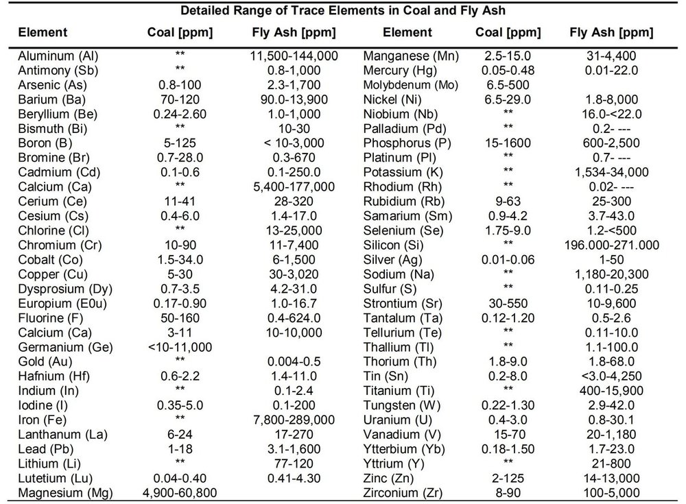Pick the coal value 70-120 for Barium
(181, 98)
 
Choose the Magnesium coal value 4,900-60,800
(181, 492)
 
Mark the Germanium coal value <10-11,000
(180, 346)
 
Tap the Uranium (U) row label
(396, 419)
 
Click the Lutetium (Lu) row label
(54, 477)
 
